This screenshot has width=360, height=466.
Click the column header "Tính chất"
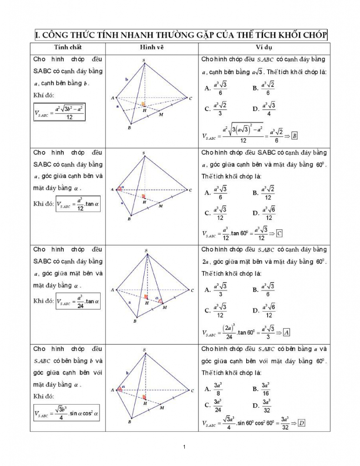click(x=68, y=47)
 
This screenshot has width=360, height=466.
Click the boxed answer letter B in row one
click(x=294, y=136)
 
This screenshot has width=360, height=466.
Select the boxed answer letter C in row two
click(x=279, y=233)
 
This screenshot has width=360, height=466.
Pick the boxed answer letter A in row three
click(x=286, y=332)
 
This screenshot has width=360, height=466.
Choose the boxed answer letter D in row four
click(x=301, y=423)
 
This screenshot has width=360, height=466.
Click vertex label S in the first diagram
click(x=144, y=60)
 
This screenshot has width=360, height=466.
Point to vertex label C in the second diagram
click(x=191, y=190)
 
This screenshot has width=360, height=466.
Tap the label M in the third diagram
click(x=164, y=307)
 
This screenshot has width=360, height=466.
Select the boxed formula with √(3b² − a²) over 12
click(x=60, y=111)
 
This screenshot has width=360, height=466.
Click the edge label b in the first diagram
click(x=127, y=79)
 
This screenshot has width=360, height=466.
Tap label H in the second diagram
click(x=144, y=202)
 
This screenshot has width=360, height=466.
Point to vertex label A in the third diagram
click(x=112, y=290)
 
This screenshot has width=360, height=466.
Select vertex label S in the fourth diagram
click(x=144, y=350)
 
